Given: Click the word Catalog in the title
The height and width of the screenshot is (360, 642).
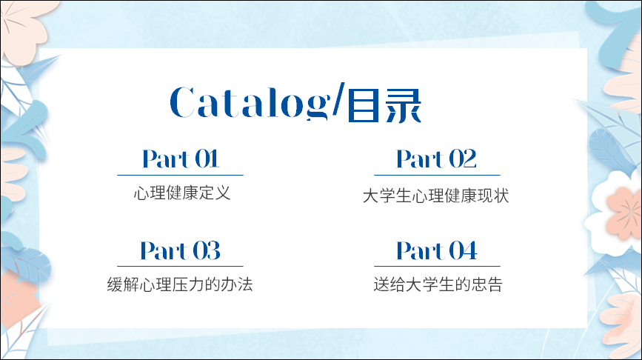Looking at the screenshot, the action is click(250, 103).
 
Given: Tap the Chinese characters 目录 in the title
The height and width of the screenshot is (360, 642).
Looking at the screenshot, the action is click(384, 106).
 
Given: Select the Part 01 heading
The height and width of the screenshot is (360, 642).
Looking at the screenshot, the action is click(181, 159).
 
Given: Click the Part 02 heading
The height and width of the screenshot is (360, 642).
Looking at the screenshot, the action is click(436, 159).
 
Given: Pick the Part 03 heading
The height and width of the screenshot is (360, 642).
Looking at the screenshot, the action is click(180, 250).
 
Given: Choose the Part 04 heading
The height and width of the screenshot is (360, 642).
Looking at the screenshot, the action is click(437, 250).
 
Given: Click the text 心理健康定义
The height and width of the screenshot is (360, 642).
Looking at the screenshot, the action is click(182, 193).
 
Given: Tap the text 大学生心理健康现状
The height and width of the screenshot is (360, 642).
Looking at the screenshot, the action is click(435, 196).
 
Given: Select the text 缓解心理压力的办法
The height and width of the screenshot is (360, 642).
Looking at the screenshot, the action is click(180, 284).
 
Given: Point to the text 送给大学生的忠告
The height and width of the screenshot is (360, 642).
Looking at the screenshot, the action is click(438, 284).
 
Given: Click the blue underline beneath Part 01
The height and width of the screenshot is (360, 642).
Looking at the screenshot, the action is click(180, 176).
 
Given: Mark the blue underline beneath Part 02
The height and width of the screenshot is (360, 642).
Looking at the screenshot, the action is click(437, 176).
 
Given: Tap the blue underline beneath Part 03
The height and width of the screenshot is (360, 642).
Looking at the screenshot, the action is click(180, 266).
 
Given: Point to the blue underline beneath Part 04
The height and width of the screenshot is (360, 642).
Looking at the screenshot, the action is click(437, 266).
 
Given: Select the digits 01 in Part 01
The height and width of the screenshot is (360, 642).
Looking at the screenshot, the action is click(207, 159).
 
